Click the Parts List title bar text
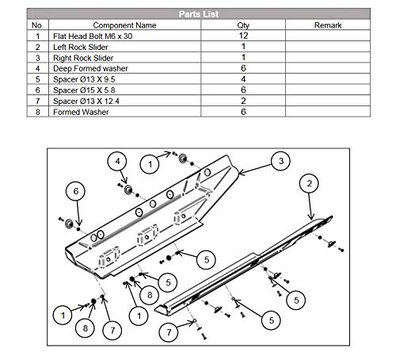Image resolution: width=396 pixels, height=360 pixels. coord(197,13)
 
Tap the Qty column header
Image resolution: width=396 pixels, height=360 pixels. coord(243,25)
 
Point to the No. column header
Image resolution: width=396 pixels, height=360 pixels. coord(37,25)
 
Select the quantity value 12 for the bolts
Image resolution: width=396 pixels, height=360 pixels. coord(243,36)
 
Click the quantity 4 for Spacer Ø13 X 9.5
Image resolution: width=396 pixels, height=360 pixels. coord(243,80)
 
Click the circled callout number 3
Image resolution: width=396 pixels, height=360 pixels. coord(280,162)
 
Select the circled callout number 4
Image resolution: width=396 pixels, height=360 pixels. coord(118,162)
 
